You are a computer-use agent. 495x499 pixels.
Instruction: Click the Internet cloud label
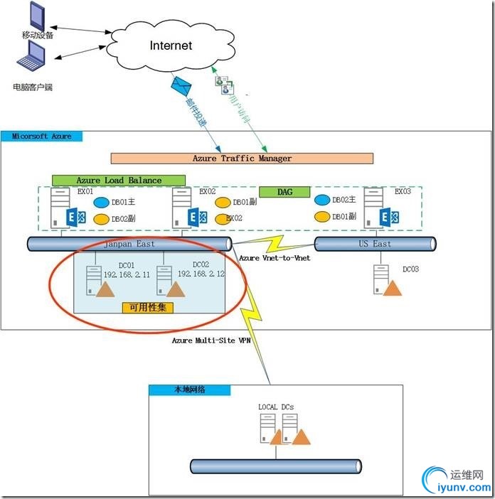pos(171,45)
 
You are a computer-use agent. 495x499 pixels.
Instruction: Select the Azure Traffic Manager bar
pos(242,159)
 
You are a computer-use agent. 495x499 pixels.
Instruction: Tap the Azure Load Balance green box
pos(119,181)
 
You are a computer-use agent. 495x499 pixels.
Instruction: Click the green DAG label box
pos(284,192)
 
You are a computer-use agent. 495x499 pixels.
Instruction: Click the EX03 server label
pos(402,192)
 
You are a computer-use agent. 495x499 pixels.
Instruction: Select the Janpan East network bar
pos(129,244)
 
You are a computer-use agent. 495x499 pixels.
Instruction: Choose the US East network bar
pos(373,244)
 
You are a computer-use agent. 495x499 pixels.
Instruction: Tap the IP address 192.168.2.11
pos(127,274)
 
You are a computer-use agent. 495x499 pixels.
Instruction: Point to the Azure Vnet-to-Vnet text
pos(275,258)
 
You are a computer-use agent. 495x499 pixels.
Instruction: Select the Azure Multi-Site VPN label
pos(211,340)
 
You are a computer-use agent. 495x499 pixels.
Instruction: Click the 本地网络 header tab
pos(189,390)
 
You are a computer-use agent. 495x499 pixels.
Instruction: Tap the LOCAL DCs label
pos(276,407)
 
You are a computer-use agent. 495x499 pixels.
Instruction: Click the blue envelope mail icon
pos(181,86)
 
